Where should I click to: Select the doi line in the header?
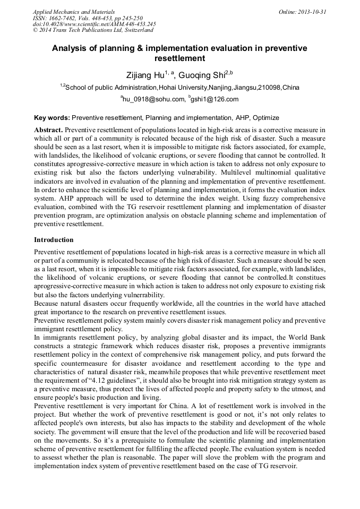94,24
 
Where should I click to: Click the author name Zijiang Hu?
143,75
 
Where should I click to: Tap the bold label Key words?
52,117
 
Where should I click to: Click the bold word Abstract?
48,130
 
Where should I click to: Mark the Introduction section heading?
54,240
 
